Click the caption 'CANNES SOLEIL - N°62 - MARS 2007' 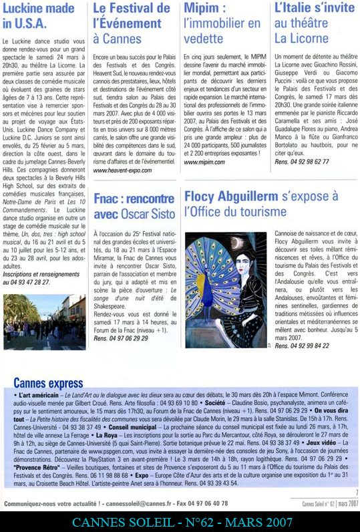180,521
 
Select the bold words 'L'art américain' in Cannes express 41,396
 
